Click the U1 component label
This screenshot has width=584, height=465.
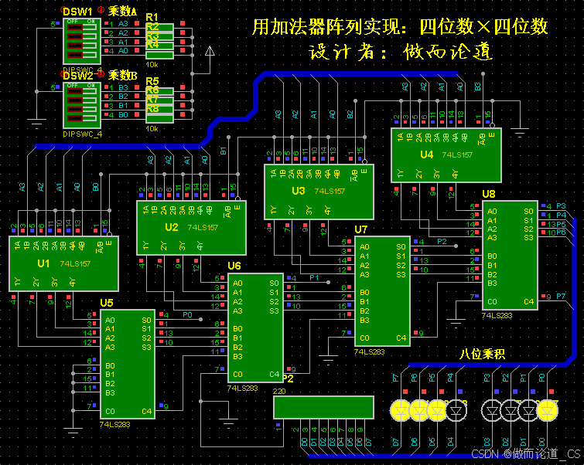click(43, 263)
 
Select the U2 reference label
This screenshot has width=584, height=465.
click(171, 227)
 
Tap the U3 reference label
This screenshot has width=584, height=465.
click(299, 190)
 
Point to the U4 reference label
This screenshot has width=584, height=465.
click(426, 154)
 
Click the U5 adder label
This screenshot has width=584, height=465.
click(107, 302)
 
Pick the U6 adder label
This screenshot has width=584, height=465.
click(234, 266)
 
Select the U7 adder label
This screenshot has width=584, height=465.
click(361, 229)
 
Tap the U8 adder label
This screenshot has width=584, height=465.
click(489, 193)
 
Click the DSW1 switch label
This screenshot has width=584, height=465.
click(77, 12)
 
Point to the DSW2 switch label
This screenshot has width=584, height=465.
click(77, 76)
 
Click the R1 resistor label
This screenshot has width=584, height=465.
click(152, 17)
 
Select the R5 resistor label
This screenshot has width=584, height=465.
click(152, 81)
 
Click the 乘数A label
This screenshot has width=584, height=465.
click(122, 12)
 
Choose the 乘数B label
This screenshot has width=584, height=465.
click(122, 76)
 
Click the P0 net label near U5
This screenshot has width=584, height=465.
click(188, 314)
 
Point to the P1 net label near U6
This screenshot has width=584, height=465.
click(315, 277)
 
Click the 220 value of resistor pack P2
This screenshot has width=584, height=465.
click(280, 392)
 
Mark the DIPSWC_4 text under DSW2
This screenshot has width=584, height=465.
click(83, 134)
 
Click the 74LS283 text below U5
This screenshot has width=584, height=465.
click(116, 424)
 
